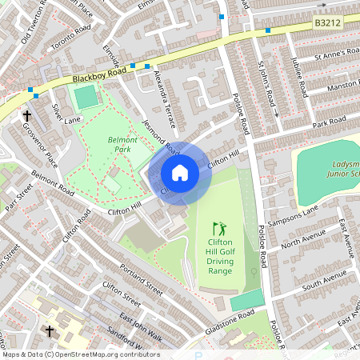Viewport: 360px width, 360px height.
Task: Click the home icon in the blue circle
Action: [180, 172]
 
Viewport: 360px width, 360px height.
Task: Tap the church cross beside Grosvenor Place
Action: [27, 117]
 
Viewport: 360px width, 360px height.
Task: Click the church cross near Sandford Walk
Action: [50, 330]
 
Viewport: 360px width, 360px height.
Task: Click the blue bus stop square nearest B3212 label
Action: [267, 30]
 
